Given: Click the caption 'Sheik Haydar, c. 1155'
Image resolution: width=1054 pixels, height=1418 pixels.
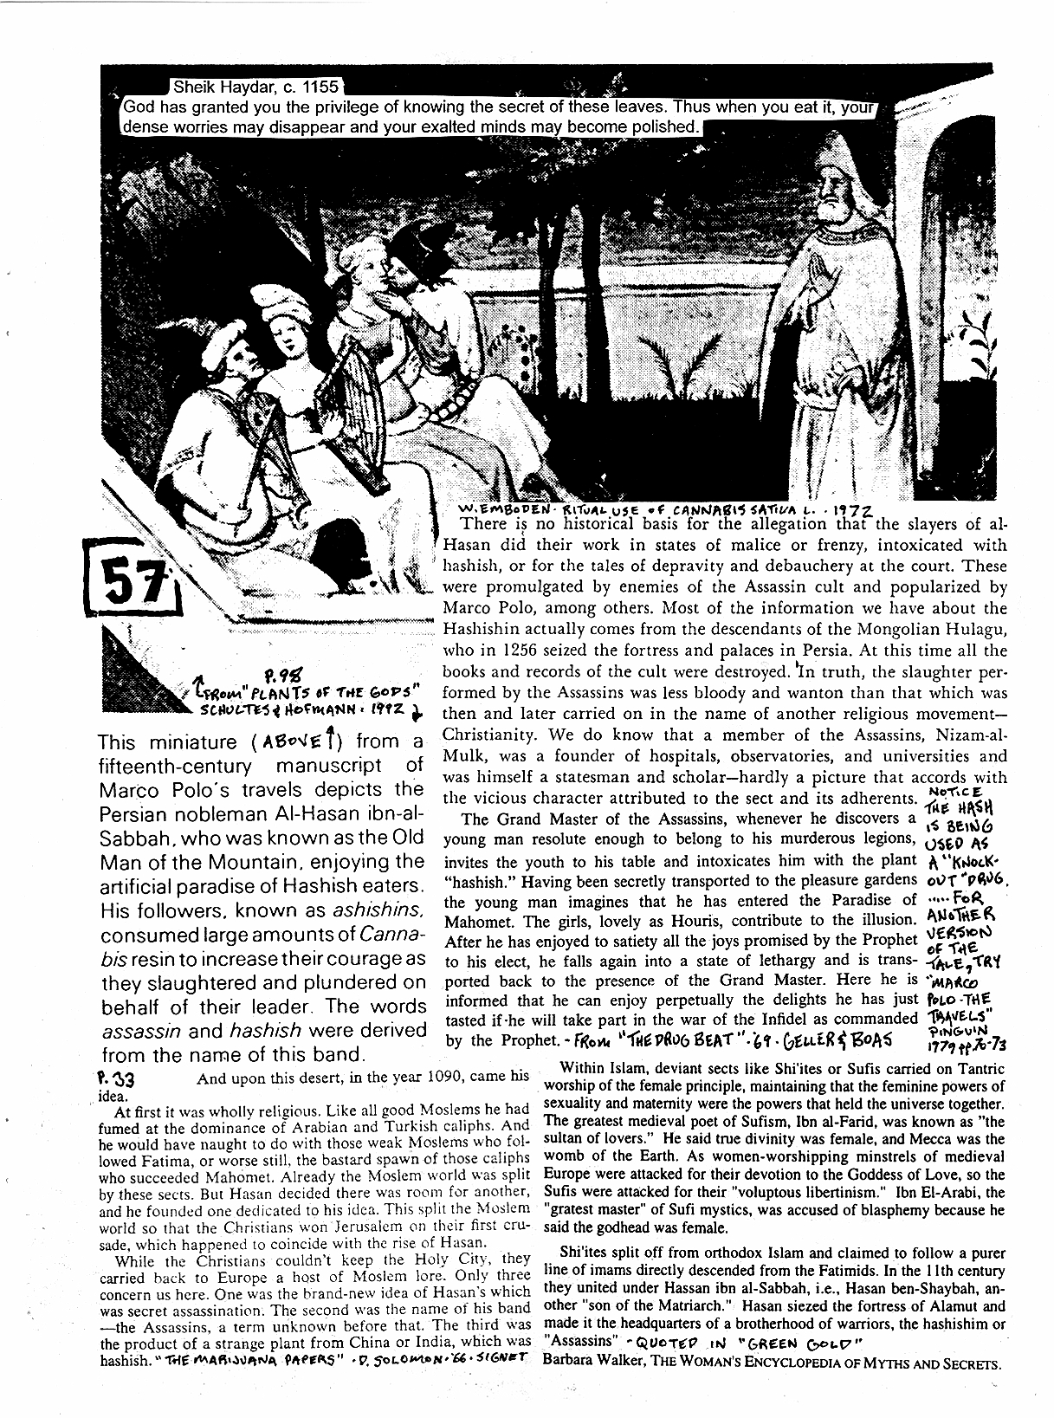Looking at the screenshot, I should [255, 87].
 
